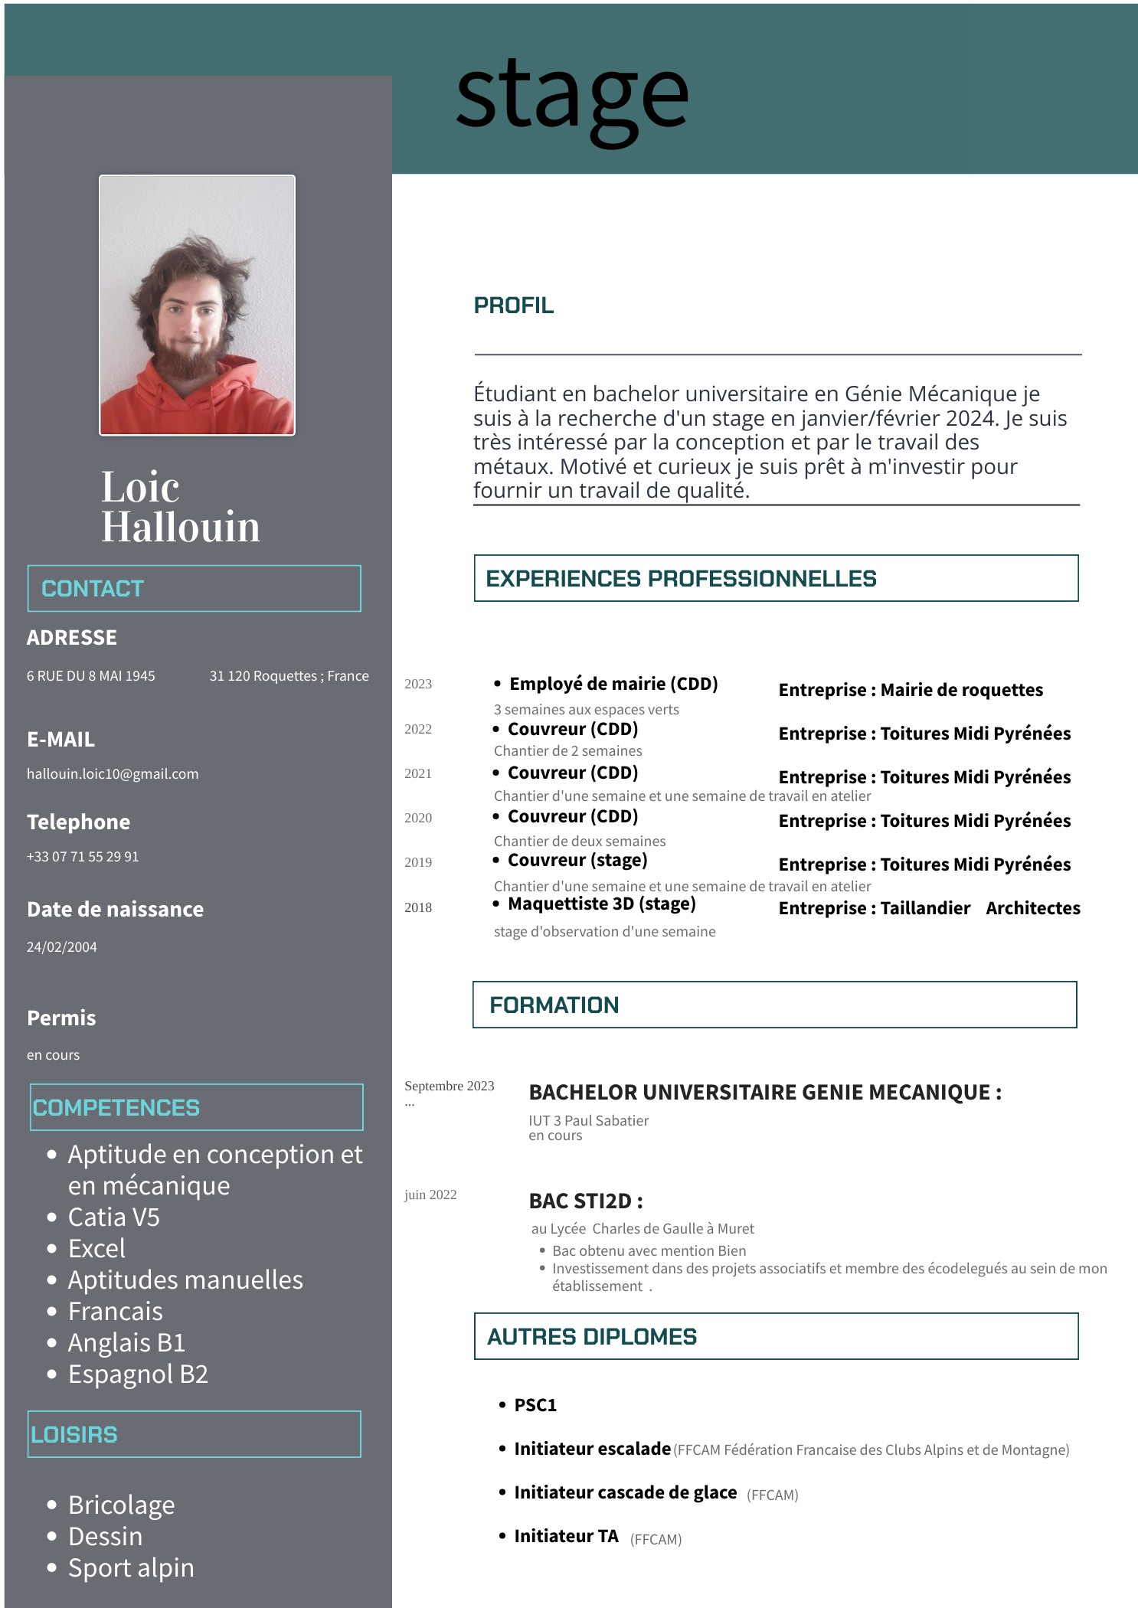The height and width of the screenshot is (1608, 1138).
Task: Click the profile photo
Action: [x=197, y=305]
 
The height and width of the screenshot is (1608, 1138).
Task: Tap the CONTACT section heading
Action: [x=93, y=589]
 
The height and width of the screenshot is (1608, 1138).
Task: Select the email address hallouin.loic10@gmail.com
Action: [x=113, y=774]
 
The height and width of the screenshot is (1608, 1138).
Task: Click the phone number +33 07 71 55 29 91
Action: [x=83, y=857]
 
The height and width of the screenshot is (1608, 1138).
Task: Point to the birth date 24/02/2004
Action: [x=62, y=947]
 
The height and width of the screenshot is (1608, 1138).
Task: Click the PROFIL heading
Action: [x=513, y=306]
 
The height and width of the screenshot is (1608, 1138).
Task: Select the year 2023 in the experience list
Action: [x=418, y=684]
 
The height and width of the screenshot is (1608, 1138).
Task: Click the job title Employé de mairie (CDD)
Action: [x=613, y=684]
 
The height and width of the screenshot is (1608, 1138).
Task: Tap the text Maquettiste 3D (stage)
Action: [x=602, y=904]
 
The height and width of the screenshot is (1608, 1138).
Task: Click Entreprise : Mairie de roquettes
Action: [x=911, y=690]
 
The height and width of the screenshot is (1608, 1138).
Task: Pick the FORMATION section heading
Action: [x=554, y=1005]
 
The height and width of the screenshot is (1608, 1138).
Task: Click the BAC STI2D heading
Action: [x=586, y=1201]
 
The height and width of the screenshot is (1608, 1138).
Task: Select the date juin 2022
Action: [x=430, y=1195]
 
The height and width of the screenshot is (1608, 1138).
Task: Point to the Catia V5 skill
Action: [x=114, y=1217]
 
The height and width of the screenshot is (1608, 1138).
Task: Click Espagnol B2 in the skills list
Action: [x=138, y=1374]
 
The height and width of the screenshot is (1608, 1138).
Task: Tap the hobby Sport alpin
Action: [x=131, y=1567]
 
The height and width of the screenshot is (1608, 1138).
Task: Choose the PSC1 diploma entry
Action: [x=535, y=1405]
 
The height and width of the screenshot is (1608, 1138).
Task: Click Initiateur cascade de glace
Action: [x=625, y=1492]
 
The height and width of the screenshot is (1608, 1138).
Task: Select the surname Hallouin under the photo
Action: [x=181, y=527]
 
